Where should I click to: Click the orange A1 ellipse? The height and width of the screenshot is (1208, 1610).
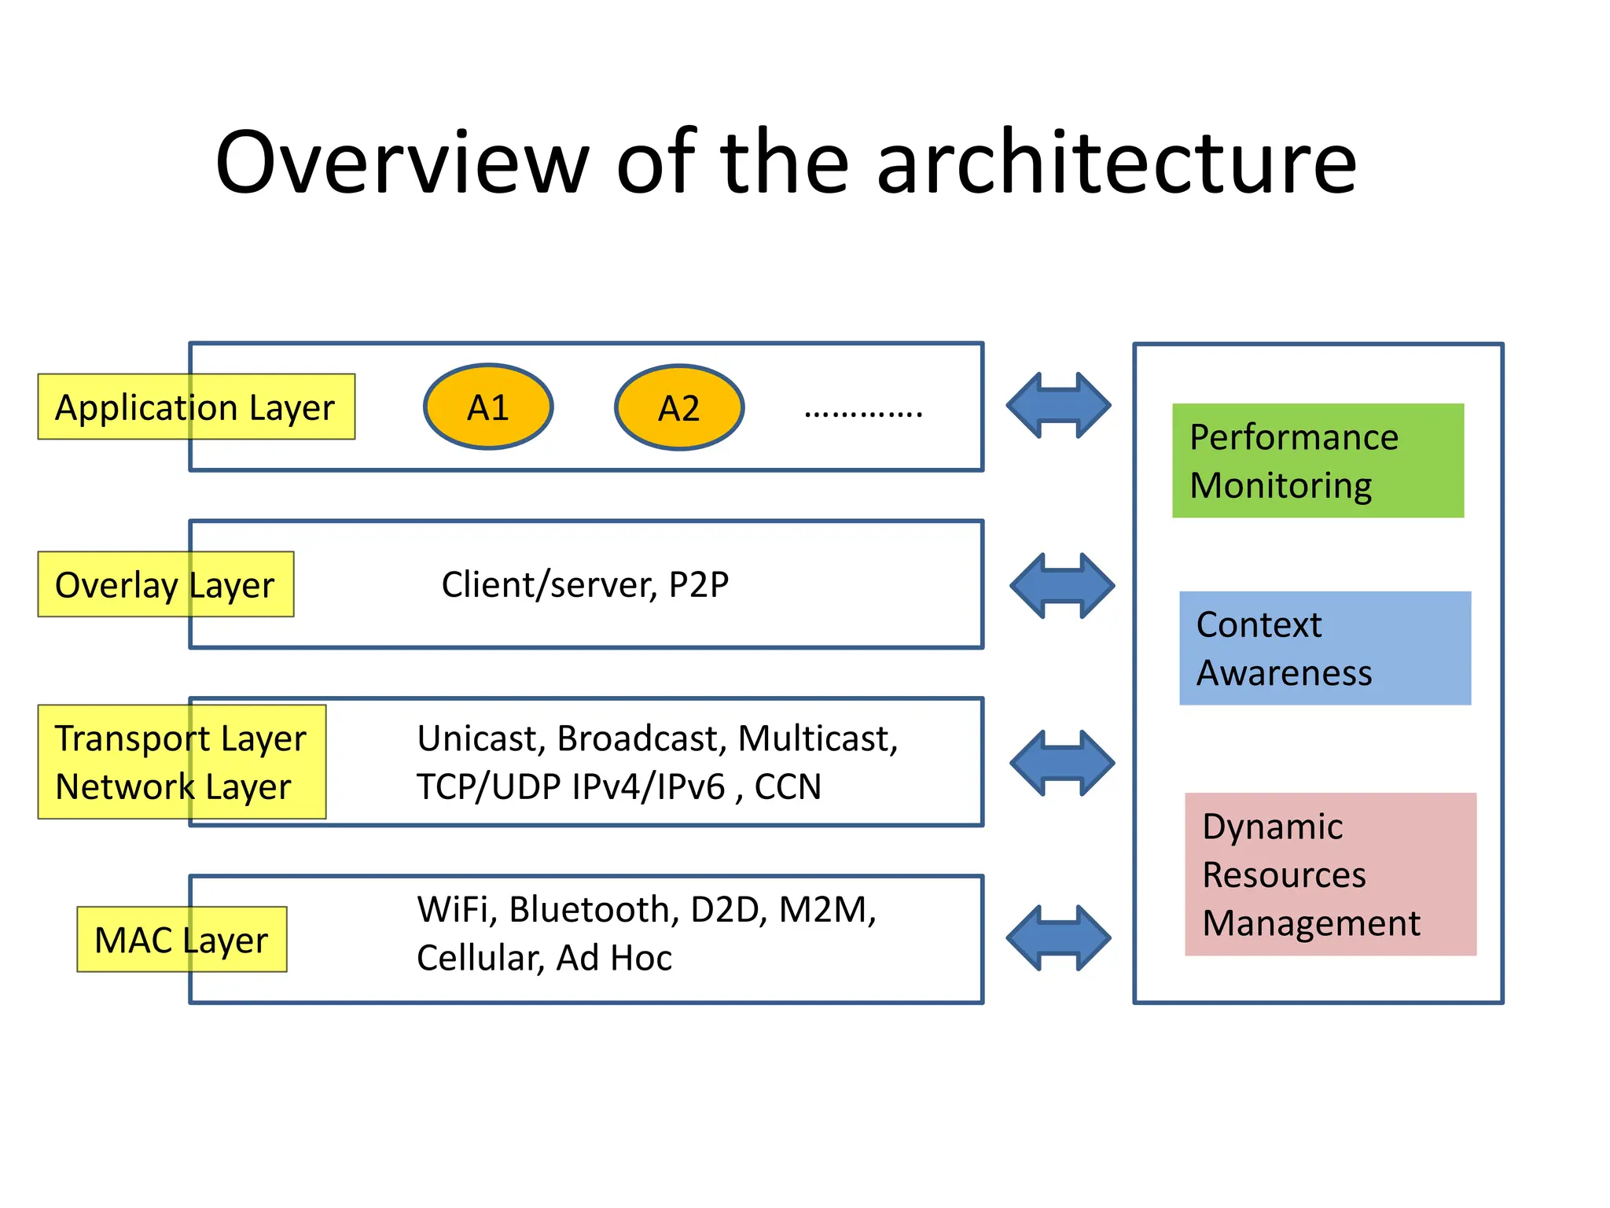click(488, 407)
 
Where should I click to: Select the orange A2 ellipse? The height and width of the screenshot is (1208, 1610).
click(679, 407)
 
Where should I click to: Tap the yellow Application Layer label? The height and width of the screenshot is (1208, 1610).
click(196, 407)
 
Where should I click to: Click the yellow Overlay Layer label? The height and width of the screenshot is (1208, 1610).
click(165, 584)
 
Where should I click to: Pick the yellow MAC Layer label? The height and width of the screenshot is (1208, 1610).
click(182, 940)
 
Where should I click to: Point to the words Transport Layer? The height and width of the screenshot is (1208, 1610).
click(180, 738)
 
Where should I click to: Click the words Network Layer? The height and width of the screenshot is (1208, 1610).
click(173, 786)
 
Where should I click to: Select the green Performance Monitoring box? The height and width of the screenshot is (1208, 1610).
click(1318, 461)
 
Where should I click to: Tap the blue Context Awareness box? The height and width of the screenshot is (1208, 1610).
click(1325, 648)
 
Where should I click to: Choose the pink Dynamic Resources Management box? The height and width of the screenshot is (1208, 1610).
click(1330, 874)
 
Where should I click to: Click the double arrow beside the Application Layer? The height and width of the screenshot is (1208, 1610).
click(1058, 406)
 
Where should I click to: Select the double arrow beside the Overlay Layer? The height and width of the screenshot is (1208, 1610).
click(1061, 585)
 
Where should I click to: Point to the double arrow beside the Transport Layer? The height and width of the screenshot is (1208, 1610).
click(1061, 763)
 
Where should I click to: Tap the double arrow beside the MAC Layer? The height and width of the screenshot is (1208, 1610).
click(1058, 937)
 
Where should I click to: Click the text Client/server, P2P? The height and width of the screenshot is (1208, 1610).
click(585, 584)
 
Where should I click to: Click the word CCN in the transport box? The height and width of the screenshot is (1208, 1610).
click(788, 786)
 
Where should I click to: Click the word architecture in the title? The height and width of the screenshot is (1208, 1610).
click(1116, 163)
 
